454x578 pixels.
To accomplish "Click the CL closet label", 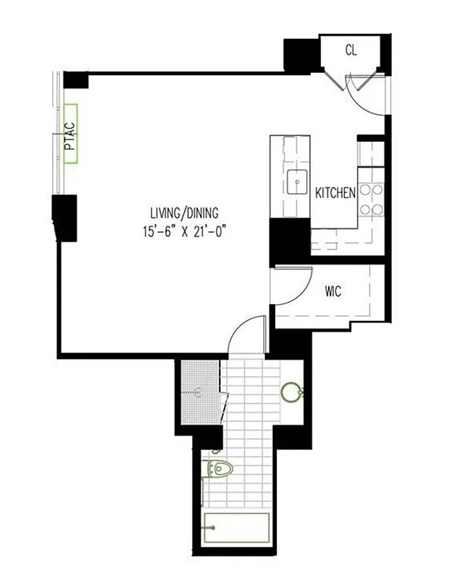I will tap(352, 50).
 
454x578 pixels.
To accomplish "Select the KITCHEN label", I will tap(335, 193).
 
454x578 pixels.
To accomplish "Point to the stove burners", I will tap(371, 200).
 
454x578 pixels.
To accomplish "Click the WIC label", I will tap(333, 291).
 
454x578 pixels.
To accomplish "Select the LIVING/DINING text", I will tap(184, 212).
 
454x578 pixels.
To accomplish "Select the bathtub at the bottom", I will tap(236, 527).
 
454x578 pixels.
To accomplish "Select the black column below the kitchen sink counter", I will tap(289, 239).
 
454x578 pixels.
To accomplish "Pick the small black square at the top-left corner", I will tap(75, 80).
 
